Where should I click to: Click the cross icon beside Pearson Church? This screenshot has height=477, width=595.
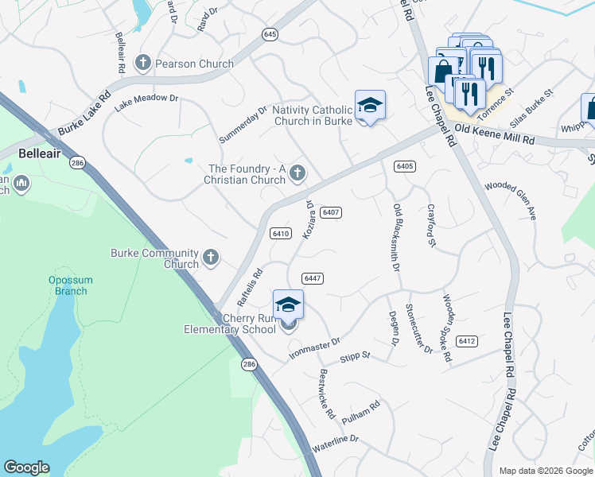coord(144,63)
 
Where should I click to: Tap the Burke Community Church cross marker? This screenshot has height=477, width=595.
coord(211,256)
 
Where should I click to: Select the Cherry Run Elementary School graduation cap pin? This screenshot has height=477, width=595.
coord(288,304)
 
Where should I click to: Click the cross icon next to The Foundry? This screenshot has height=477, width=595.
coord(297,173)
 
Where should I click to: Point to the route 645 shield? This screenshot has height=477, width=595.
coord(270,34)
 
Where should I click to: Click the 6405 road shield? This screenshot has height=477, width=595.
coord(404,165)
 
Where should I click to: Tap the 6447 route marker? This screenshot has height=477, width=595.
coord(312,277)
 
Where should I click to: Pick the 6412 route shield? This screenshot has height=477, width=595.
coord(467,340)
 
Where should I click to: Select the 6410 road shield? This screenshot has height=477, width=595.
coord(280,234)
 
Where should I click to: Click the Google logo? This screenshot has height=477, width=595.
coord(26,467)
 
